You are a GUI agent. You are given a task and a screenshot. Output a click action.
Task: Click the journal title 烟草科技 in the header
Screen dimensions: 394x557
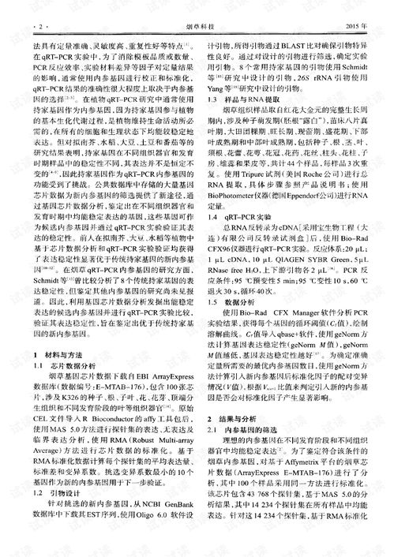click(197, 27)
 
